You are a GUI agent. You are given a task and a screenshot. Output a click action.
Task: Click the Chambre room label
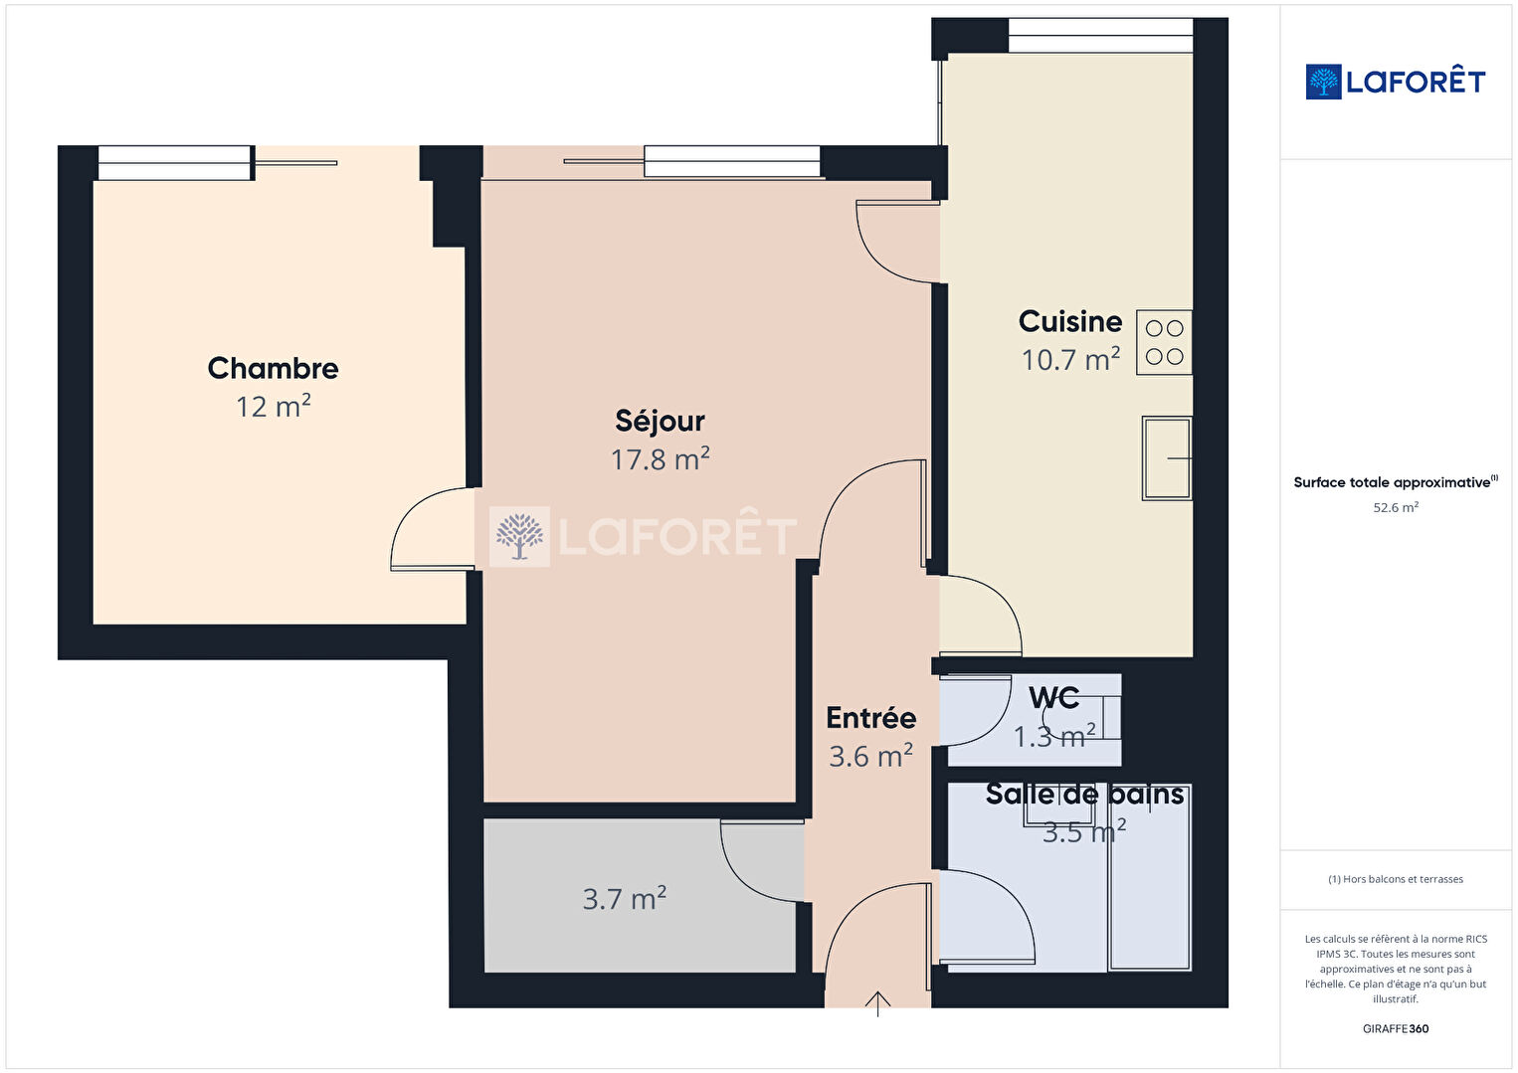(x=273, y=369)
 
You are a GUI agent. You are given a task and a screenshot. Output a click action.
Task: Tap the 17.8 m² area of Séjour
(x=661, y=458)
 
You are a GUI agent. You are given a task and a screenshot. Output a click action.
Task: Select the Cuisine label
(x=1070, y=321)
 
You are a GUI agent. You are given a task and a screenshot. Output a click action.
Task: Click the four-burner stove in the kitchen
(x=1164, y=342)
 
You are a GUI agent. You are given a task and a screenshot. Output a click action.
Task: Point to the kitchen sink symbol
(x=1166, y=457)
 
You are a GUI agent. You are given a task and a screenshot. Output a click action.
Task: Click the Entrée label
(x=870, y=718)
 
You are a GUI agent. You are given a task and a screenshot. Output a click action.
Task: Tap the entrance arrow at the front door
(x=877, y=1003)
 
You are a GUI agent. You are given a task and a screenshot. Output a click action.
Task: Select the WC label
(x=1053, y=698)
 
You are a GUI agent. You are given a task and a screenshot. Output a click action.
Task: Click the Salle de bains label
(x=1084, y=794)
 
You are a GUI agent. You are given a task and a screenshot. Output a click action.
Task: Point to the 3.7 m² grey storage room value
(x=624, y=898)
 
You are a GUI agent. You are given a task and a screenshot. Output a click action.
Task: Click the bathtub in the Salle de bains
(x=1149, y=877)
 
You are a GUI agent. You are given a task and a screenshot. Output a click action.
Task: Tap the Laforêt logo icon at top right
(x=1323, y=82)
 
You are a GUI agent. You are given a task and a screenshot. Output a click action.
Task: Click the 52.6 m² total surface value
(x=1396, y=507)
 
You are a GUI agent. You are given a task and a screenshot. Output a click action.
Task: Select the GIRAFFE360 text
(x=1396, y=1028)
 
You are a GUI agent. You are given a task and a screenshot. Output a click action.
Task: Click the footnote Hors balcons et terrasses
(x=1396, y=879)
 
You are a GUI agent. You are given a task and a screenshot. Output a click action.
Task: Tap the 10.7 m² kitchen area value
(x=1070, y=359)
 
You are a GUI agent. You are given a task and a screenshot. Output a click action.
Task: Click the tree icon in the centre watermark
(x=519, y=537)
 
